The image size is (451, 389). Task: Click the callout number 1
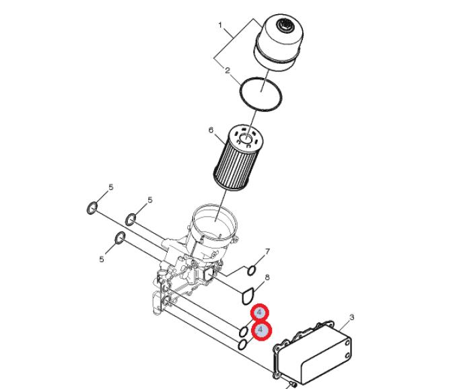pyautogui.click(x=220, y=26)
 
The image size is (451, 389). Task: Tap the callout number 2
pyautogui.click(x=228, y=71)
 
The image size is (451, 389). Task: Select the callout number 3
pyautogui.click(x=351, y=318)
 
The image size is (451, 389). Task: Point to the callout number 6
pyautogui.click(x=211, y=131)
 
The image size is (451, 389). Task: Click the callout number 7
pyautogui.click(x=267, y=252)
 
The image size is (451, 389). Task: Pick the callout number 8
pyautogui.click(x=267, y=277)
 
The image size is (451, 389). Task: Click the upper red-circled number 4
pyautogui.click(x=260, y=312)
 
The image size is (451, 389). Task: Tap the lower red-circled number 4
pyautogui.click(x=261, y=330)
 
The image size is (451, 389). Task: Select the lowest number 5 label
pyautogui.click(x=102, y=259)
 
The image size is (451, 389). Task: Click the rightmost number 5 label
pyautogui.click(x=150, y=200)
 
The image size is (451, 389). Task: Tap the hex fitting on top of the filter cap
pyautogui.click(x=285, y=25)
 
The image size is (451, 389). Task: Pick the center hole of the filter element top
pyautogui.click(x=246, y=139)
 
